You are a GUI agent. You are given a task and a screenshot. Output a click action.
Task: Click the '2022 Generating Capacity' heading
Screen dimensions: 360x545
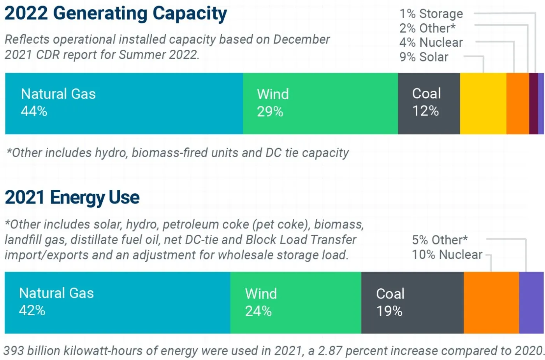[116, 13]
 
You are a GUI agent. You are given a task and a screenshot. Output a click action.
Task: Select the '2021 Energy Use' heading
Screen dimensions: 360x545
[72, 197]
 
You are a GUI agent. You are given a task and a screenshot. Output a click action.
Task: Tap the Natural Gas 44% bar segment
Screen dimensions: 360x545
[124, 104]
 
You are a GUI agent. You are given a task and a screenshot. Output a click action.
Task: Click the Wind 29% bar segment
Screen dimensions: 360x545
[320, 104]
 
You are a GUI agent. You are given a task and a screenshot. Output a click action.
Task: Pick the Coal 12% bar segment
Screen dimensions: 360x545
[429, 104]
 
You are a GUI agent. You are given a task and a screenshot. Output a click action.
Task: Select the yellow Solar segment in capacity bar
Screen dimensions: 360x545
[483, 104]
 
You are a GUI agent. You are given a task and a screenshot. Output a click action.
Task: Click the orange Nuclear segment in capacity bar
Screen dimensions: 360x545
[517, 104]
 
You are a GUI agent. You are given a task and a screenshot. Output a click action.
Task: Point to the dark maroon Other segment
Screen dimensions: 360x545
[533, 104]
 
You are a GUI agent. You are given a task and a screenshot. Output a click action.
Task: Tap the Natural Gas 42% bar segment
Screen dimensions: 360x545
[117, 302]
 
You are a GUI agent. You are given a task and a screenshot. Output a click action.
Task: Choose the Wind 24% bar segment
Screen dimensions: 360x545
[295, 302]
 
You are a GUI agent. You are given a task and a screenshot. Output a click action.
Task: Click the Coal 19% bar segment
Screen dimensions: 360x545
[412, 302]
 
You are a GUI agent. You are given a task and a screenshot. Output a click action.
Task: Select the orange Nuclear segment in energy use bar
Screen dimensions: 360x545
[491, 302]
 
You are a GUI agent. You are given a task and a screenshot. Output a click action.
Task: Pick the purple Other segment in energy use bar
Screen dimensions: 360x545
[531, 302]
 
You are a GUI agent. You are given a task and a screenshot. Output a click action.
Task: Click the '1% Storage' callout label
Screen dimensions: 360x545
[431, 14]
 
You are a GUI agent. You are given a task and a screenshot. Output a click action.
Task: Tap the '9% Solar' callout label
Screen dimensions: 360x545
[424, 57]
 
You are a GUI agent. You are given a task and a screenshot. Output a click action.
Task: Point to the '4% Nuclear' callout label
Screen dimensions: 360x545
[431, 42]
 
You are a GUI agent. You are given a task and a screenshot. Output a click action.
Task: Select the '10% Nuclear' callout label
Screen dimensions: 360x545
[447, 255]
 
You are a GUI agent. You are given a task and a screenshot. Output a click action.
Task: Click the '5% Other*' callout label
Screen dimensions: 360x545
[440, 240]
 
